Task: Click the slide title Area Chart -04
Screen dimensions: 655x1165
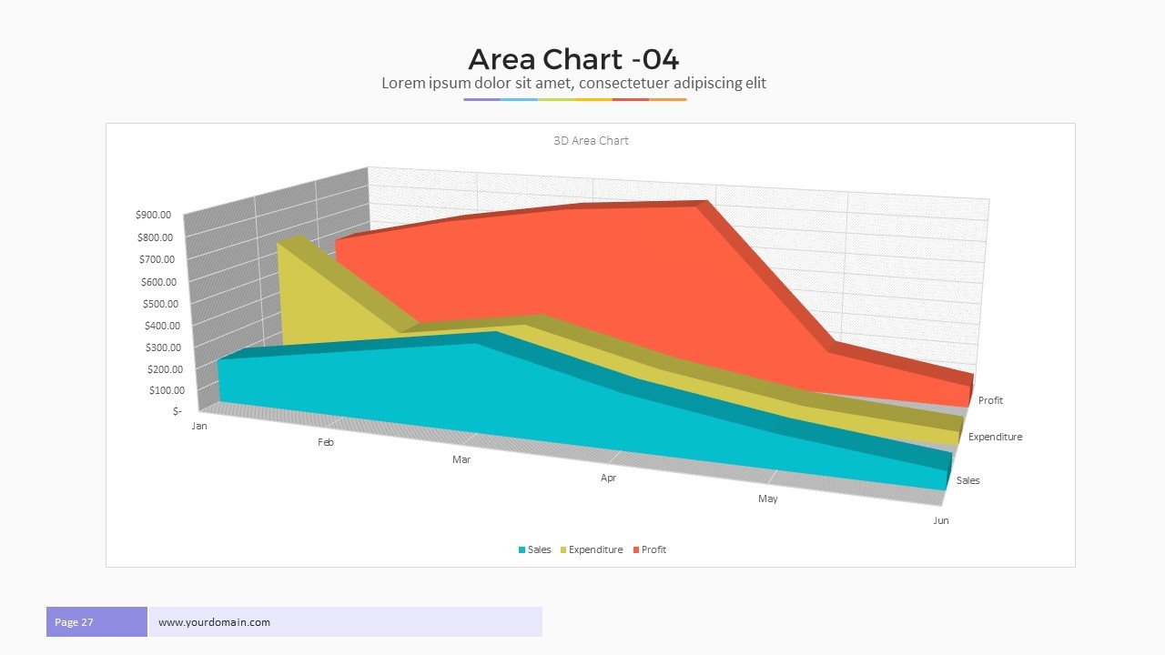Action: click(573, 59)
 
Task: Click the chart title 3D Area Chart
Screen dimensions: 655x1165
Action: click(591, 141)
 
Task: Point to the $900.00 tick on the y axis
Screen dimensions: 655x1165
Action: click(153, 216)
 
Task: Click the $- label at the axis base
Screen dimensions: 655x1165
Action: click(177, 411)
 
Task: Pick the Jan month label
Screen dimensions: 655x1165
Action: click(199, 426)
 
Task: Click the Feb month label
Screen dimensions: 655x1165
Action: click(325, 443)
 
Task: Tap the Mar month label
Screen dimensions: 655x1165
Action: click(461, 460)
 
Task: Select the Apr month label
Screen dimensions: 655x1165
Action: click(608, 479)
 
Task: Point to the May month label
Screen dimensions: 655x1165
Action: click(767, 499)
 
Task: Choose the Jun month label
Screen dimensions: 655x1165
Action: click(940, 520)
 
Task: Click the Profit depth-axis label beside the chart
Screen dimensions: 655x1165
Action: click(990, 401)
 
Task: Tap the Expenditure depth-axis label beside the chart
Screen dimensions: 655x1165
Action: click(995, 438)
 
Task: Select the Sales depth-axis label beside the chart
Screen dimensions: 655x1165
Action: click(967, 480)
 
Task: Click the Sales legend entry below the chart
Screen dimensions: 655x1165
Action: click(534, 549)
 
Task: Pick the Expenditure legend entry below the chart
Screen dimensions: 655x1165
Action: click(591, 549)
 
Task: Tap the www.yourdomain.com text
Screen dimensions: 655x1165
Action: click(214, 622)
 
